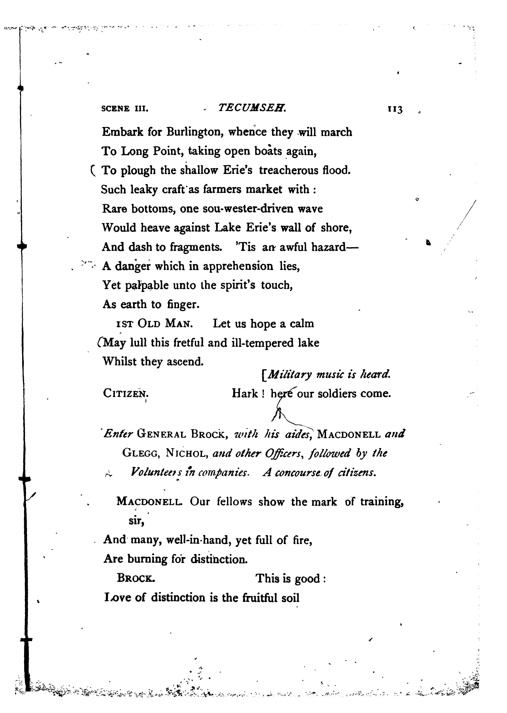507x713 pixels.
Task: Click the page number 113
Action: tap(395, 109)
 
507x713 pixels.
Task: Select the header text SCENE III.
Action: tap(125, 109)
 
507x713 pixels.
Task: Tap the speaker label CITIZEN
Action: tap(126, 393)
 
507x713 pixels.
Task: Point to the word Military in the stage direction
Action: tap(289, 374)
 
